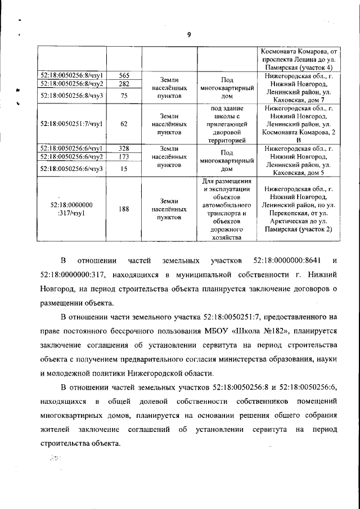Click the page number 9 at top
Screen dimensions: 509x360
(x=189, y=34)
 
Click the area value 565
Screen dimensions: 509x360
(x=124, y=75)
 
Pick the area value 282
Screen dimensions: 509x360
(x=124, y=84)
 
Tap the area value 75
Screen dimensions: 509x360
(x=124, y=96)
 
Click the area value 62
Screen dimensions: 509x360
(x=124, y=124)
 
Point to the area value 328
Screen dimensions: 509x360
(x=124, y=148)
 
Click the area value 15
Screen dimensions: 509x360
(x=124, y=168)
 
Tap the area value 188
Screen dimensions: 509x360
(x=124, y=209)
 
